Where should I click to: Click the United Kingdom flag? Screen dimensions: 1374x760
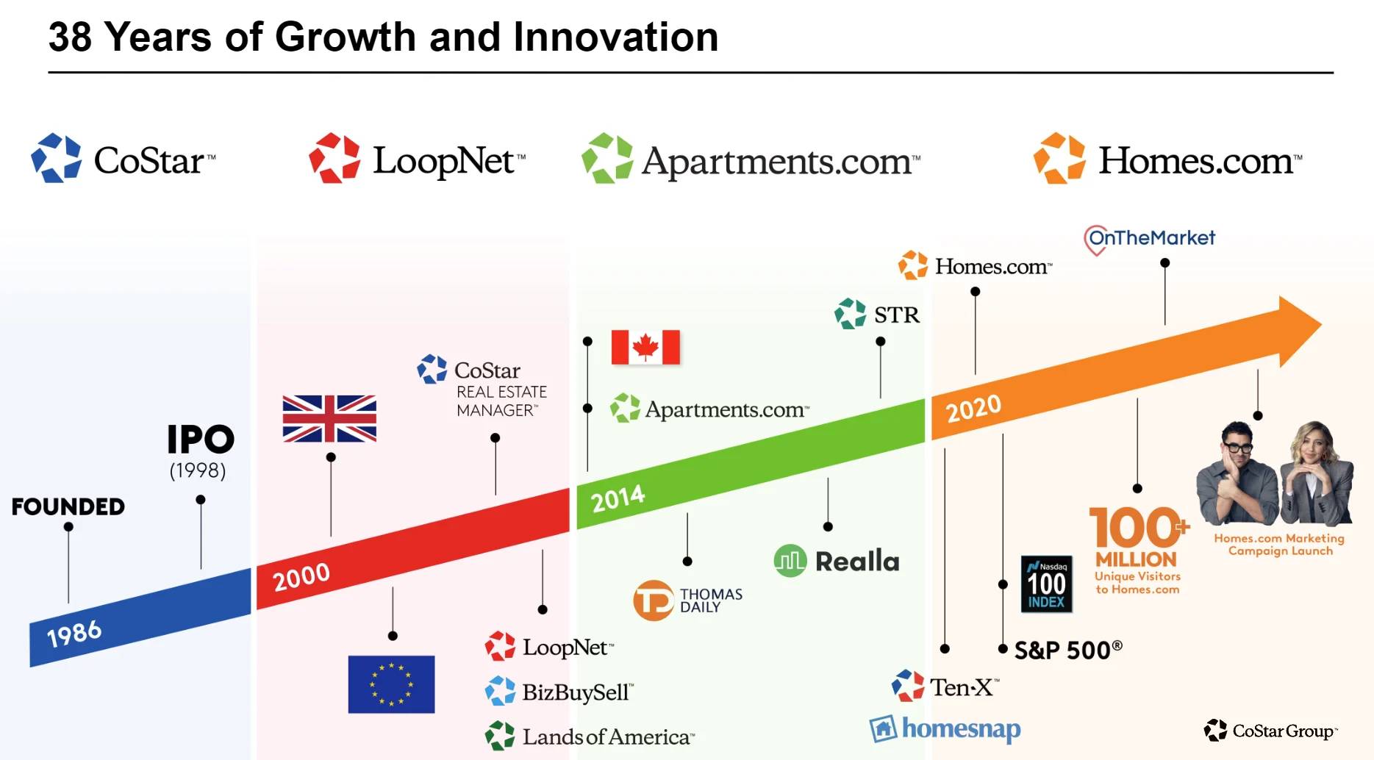(329, 418)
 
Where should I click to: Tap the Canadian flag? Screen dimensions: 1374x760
(645, 347)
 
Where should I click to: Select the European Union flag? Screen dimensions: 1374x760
(391, 684)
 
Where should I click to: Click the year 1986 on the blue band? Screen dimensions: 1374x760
(74, 633)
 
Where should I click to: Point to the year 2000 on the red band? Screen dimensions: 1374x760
(301, 576)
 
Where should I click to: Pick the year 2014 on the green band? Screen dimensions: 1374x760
(618, 498)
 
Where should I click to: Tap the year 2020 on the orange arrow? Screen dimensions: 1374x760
(973, 408)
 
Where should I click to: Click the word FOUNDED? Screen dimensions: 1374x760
(68, 506)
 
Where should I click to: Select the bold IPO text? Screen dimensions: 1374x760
(201, 440)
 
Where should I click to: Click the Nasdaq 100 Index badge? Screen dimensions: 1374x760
(1046, 584)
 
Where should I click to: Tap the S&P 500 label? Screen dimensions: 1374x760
(1068, 650)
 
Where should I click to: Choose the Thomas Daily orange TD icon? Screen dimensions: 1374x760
(653, 601)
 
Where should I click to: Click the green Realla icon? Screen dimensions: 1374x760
(790, 561)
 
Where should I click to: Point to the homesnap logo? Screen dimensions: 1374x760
(945, 728)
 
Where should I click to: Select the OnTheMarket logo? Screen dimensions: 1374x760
(1149, 239)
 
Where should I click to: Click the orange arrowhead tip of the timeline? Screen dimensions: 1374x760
(1321, 323)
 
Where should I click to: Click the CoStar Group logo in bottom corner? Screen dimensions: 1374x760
(1271, 731)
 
